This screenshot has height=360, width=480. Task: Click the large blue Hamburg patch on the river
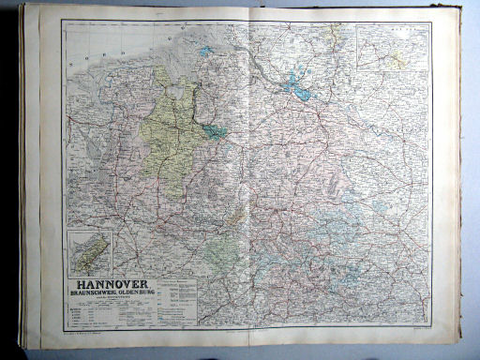301,90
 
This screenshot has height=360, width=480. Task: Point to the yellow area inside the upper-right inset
400,58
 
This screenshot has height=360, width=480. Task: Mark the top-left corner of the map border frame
63,21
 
